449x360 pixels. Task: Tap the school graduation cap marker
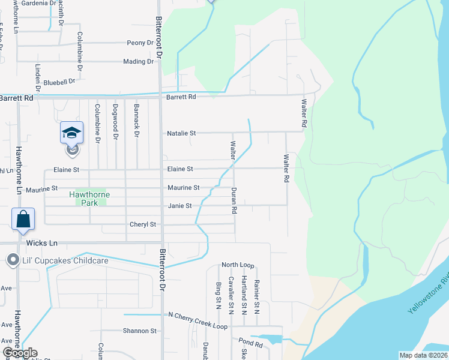coord(71,133)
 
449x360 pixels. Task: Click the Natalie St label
coord(181,133)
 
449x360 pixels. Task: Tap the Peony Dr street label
coord(140,43)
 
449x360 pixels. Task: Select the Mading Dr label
coord(138,62)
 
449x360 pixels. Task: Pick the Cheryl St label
coord(143,224)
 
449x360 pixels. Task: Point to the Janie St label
coord(179,206)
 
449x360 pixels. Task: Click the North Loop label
coord(238,265)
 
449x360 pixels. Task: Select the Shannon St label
coord(139,331)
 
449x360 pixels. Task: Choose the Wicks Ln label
coord(42,243)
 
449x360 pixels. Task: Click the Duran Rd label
coord(234,200)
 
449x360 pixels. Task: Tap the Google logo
coord(20,353)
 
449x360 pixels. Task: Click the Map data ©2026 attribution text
coord(423,355)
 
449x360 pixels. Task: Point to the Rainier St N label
coord(256,296)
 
